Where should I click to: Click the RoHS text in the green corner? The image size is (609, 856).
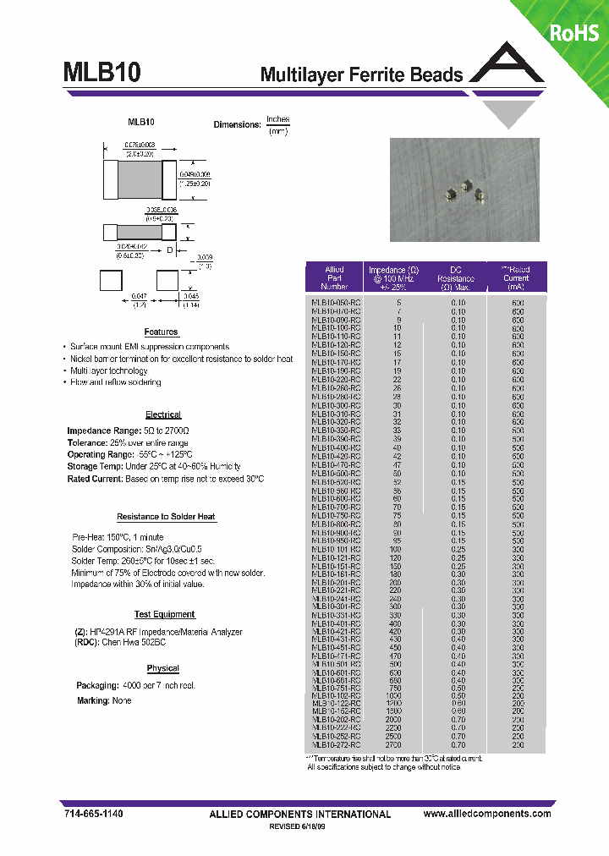[574, 33]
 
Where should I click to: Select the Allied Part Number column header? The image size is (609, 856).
[335, 278]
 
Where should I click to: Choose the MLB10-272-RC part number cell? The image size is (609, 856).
[336, 745]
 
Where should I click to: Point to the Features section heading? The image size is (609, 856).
[161, 332]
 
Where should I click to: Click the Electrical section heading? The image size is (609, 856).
[163, 414]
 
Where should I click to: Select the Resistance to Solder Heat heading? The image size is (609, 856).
[166, 517]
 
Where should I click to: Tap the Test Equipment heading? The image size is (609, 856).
[165, 615]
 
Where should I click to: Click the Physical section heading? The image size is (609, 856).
[162, 668]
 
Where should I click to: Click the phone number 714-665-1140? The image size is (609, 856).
[93, 813]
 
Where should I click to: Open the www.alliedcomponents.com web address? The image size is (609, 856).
[487, 813]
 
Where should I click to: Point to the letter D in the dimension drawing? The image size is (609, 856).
[169, 250]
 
